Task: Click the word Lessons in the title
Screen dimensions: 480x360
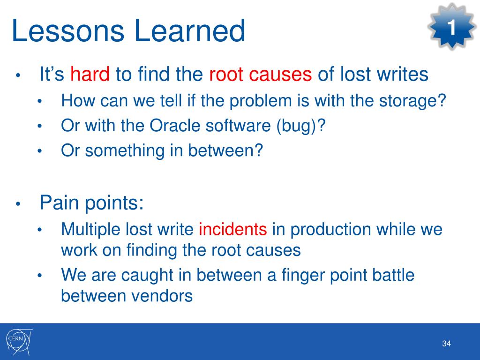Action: pyautogui.click(x=68, y=30)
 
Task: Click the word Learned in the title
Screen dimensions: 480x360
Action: pyautogui.click(x=190, y=30)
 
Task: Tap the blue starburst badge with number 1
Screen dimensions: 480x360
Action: pyautogui.click(x=452, y=26)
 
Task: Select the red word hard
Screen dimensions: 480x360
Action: pyautogui.click(x=90, y=74)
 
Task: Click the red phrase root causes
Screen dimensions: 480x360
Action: pyautogui.click(x=260, y=75)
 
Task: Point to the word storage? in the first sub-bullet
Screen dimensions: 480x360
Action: pyautogui.click(x=412, y=101)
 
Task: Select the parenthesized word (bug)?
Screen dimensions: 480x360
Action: pyautogui.click(x=301, y=126)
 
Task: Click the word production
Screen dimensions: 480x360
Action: pyautogui.click(x=330, y=230)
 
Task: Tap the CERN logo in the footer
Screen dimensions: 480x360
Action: pyautogui.click(x=19, y=342)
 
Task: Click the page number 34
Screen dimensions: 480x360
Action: pyautogui.click(x=446, y=344)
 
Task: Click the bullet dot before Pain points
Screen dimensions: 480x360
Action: pyautogui.click(x=18, y=203)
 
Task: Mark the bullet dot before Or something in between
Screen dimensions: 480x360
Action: pyautogui.click(x=39, y=151)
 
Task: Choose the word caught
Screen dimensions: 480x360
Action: pyautogui.click(x=147, y=275)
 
